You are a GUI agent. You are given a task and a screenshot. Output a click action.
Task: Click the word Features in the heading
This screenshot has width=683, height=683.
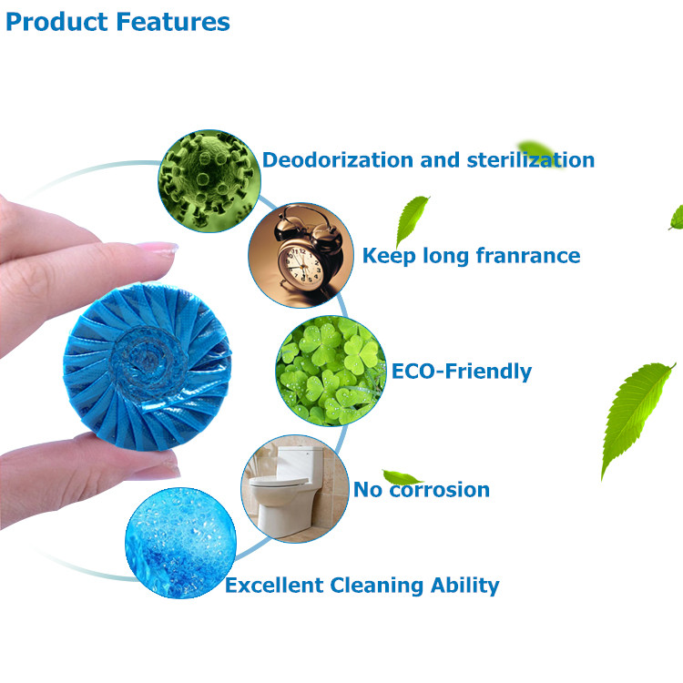(173, 22)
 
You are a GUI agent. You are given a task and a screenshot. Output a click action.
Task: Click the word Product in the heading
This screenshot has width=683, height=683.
(56, 22)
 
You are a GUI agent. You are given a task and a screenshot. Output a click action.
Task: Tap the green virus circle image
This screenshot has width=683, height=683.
(209, 181)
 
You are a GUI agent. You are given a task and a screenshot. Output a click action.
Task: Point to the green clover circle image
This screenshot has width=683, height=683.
(331, 372)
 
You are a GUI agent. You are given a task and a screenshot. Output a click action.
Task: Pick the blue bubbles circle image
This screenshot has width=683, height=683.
(181, 543)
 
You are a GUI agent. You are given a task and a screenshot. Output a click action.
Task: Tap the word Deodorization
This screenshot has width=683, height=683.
(337, 160)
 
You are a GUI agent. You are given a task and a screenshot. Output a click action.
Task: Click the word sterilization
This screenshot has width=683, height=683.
(531, 160)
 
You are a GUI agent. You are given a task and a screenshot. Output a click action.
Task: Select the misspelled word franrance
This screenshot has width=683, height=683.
(528, 255)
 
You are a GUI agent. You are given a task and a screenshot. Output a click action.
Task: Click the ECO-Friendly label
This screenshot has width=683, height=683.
(462, 372)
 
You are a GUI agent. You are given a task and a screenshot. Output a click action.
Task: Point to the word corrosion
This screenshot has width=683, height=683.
(440, 490)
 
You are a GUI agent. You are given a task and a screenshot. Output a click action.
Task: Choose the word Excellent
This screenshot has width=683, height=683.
(274, 585)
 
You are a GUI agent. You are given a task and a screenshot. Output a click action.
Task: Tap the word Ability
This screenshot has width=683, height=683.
(464, 586)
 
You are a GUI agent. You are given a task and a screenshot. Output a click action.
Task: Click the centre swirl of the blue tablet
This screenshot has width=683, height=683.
(148, 362)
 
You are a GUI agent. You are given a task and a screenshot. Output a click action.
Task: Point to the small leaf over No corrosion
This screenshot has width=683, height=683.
(401, 477)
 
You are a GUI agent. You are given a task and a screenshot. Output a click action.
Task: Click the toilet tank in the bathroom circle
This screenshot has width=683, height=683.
(300, 461)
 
